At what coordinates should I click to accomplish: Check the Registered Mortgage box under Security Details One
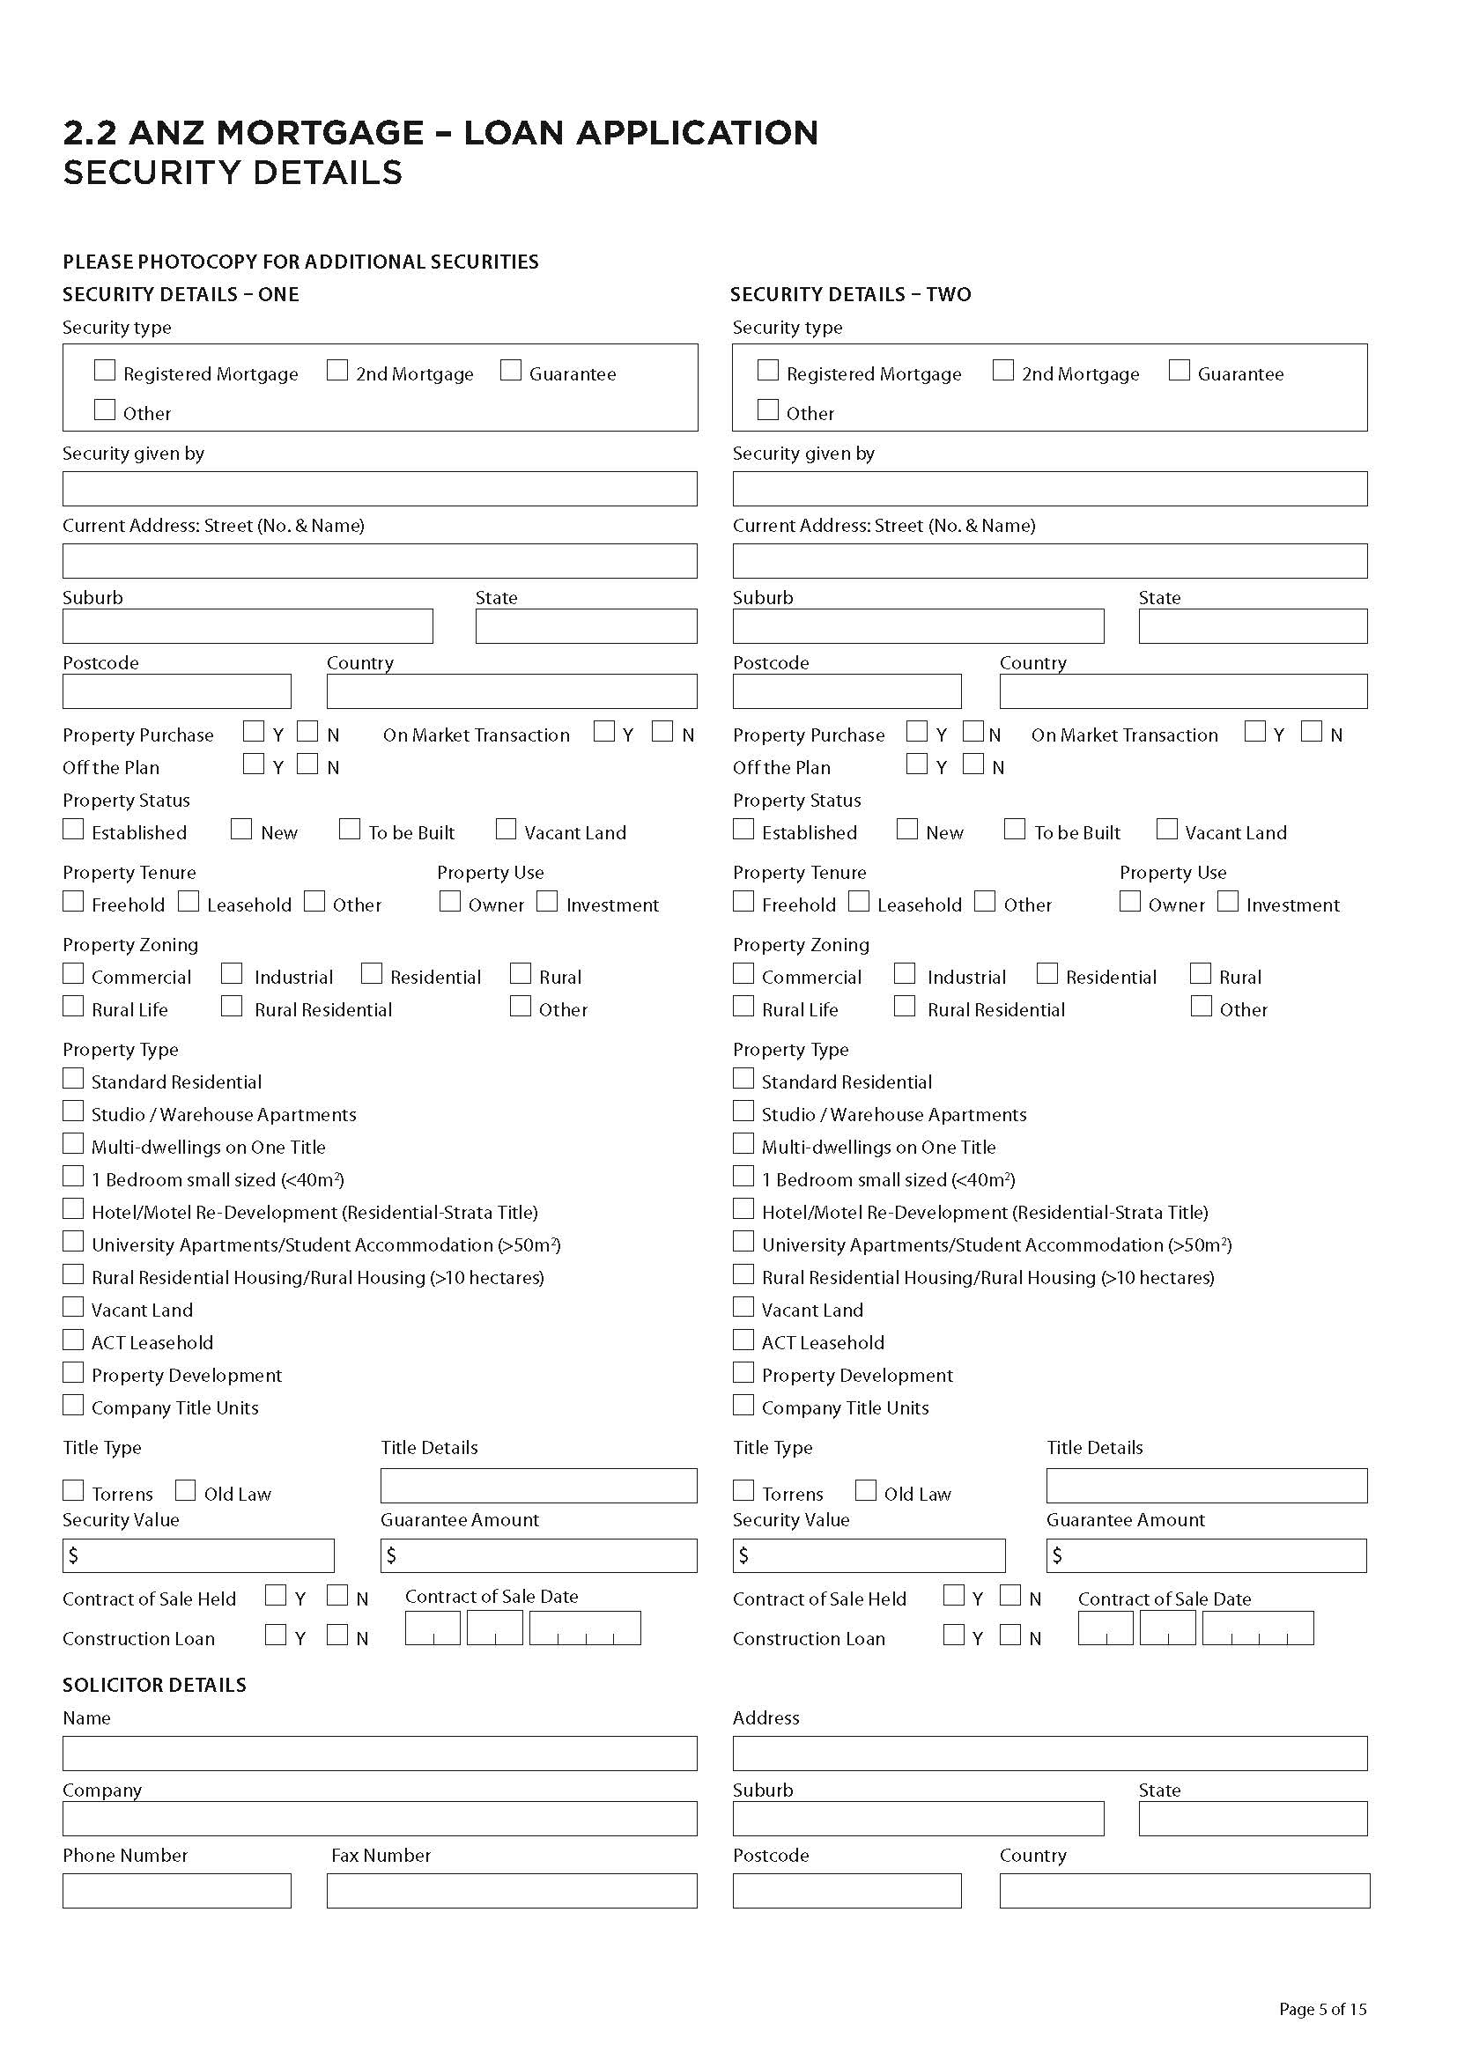[105, 371]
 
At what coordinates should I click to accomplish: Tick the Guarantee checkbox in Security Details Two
[1179, 371]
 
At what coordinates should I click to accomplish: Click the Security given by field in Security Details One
[380, 489]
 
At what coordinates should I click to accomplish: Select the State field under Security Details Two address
[1253, 626]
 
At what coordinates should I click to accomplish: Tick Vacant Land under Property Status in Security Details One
[506, 829]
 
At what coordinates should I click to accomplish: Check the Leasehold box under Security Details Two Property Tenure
[859, 901]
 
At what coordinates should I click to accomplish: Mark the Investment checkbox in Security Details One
[547, 901]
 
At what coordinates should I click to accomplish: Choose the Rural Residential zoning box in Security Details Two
[905, 1007]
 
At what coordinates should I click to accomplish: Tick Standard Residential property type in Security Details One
[72, 1079]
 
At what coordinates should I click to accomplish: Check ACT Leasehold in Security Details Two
[743, 1340]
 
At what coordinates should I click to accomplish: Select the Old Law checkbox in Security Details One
[185, 1490]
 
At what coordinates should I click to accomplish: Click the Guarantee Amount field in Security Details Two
[1206, 1555]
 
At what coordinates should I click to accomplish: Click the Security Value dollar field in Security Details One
[198, 1555]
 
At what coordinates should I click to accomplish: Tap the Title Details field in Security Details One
[538, 1486]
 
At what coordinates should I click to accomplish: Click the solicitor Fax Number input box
[512, 1890]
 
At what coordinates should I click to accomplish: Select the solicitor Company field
[380, 1819]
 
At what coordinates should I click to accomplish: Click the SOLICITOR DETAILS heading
[154, 1685]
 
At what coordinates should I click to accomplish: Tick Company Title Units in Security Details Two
[743, 1405]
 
